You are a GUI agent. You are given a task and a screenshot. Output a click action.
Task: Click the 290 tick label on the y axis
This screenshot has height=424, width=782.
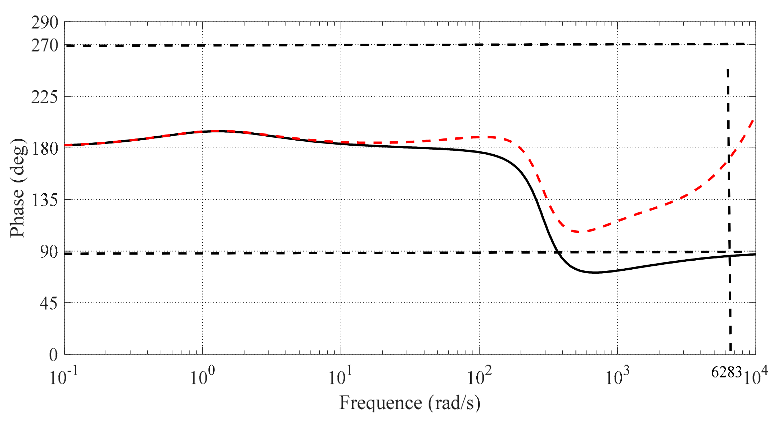tap(44, 23)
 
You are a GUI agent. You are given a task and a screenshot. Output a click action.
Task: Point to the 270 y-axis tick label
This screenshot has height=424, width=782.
tap(44, 46)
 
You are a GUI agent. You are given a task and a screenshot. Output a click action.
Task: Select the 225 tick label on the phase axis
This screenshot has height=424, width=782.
tap(44, 97)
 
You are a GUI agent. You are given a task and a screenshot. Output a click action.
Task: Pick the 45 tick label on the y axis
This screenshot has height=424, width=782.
tap(49, 304)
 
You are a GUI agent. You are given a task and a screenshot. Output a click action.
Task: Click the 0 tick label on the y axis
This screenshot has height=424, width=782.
tap(53, 355)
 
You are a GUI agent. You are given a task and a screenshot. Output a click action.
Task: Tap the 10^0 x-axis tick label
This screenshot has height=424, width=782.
tap(202, 377)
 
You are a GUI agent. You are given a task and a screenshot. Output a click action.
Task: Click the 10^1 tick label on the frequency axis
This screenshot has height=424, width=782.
tap(340, 377)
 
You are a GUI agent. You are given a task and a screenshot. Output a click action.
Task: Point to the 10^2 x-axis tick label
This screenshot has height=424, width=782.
tap(479, 377)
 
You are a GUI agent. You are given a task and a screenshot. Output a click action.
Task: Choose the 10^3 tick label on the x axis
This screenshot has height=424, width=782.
tap(617, 377)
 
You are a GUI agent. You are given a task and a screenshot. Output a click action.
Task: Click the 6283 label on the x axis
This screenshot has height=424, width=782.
tap(727, 372)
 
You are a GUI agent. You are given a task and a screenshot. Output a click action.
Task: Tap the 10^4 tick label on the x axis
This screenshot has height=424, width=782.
tap(755, 377)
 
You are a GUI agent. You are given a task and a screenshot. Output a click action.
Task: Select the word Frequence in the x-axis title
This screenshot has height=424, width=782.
tap(381, 403)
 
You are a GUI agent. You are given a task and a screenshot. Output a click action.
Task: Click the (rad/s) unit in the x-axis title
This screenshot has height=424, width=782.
tap(454, 403)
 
